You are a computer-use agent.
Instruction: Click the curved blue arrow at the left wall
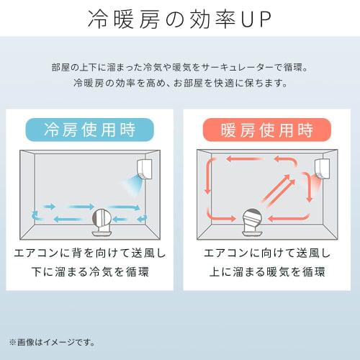(x=35, y=213)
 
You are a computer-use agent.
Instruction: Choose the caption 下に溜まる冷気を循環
(x=89, y=272)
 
